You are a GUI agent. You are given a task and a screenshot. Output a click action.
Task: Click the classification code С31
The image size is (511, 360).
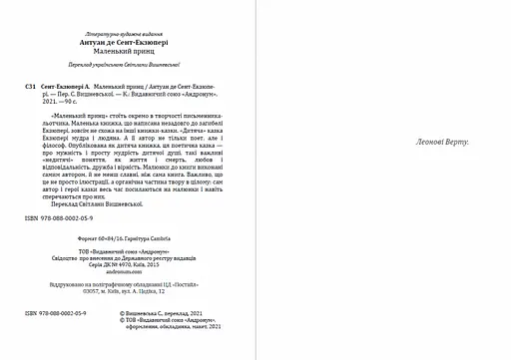pyautogui.click(x=11, y=88)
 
